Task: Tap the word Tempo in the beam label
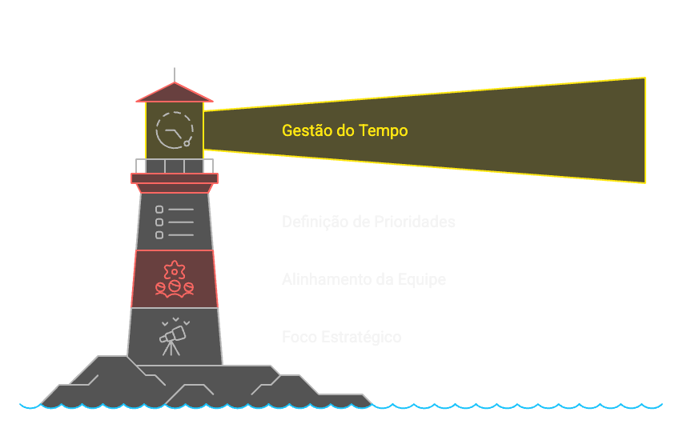[383, 130]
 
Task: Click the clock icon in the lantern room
[175, 130]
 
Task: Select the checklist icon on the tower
[175, 222]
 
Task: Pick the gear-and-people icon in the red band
[175, 279]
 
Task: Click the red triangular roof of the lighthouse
[175, 93]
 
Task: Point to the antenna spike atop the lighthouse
[175, 74]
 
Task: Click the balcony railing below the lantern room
[175, 166]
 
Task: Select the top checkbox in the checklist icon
[159, 210]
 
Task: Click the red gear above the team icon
[175, 270]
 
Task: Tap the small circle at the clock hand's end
[187, 143]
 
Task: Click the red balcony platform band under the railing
[175, 178]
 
